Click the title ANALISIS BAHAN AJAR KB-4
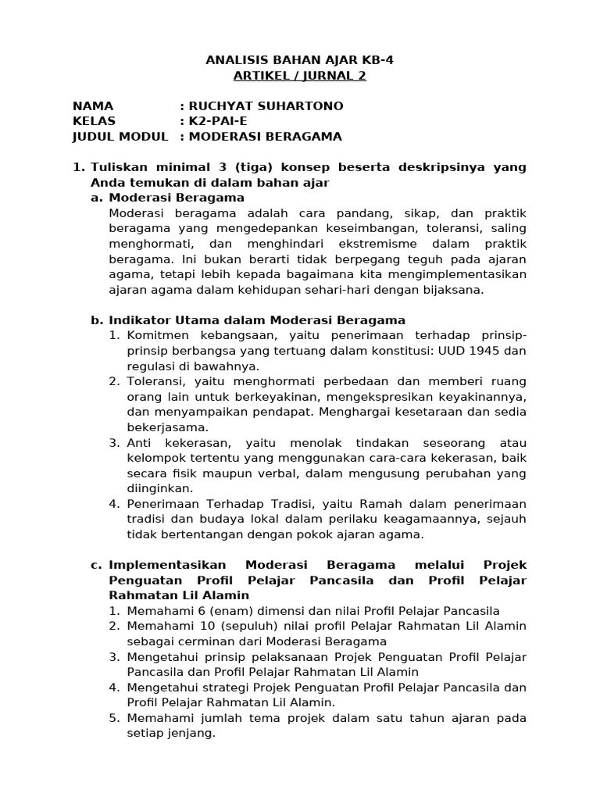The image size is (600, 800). tap(299, 60)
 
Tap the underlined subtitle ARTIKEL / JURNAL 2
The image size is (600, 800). tap(299, 76)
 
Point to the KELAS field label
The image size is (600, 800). tap(94, 121)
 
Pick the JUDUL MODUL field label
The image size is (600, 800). tap(120, 137)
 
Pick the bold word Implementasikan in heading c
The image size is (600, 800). tap(167, 565)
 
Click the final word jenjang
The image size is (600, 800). tap(190, 734)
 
